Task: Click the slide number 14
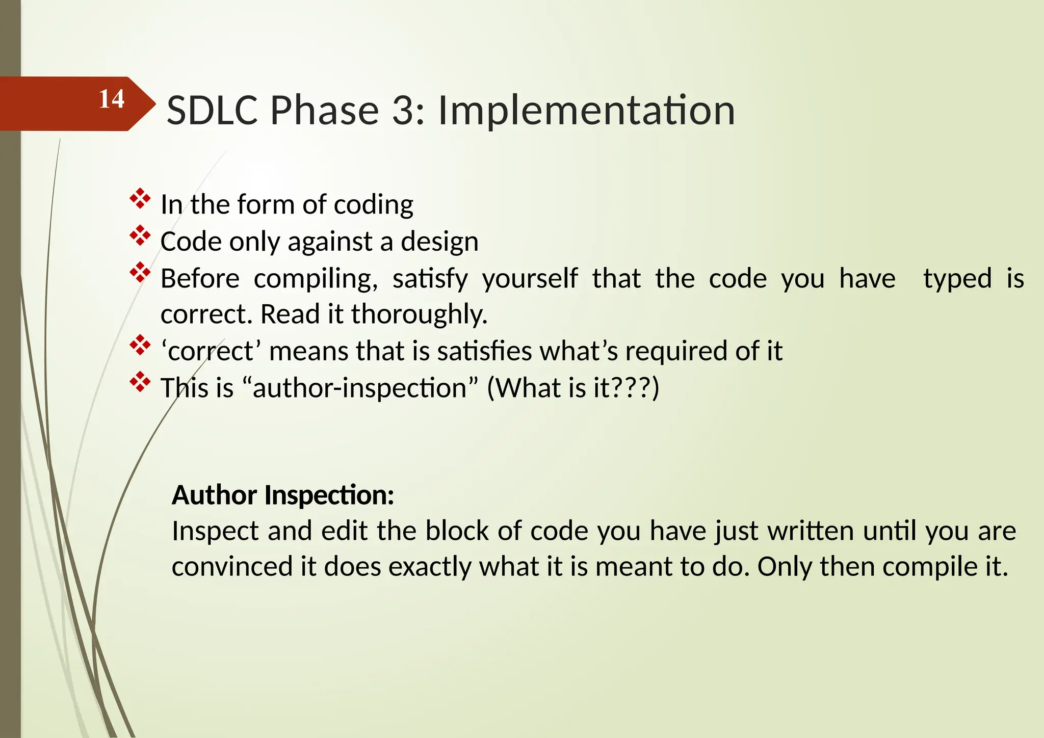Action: click(111, 99)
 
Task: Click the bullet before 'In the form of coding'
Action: click(140, 199)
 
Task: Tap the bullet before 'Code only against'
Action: click(140, 236)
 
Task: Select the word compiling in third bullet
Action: click(315, 279)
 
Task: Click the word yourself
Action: click(530, 279)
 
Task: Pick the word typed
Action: click(957, 279)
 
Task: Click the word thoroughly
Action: click(419, 314)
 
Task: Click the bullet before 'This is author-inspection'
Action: click(140, 382)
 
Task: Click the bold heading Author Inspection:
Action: click(283, 495)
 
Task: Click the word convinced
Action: click(232, 567)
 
